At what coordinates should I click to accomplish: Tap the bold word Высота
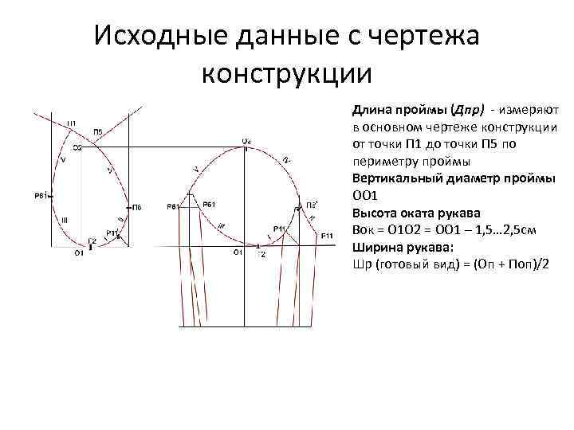point(372,210)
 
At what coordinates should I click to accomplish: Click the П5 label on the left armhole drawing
point(97,131)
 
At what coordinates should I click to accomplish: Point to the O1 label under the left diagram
point(79,253)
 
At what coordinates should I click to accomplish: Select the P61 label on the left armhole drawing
point(41,194)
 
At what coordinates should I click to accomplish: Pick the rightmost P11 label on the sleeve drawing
point(327,236)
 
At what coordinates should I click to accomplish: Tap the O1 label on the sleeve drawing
point(237,252)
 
